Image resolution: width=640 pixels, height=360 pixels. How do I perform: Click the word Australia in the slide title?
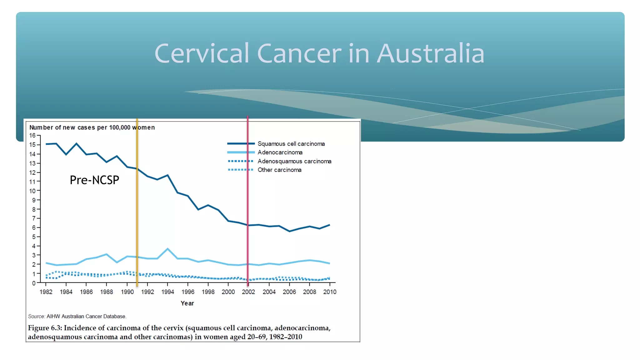(x=431, y=54)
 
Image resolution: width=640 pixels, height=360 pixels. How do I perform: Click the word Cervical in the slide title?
(x=202, y=54)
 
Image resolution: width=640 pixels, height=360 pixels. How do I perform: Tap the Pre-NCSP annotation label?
(x=94, y=180)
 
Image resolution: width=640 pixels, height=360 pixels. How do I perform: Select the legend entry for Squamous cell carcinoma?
(x=291, y=144)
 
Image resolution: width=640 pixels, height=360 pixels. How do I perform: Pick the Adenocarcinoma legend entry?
(x=280, y=152)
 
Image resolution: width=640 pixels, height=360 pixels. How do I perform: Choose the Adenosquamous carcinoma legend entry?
(x=294, y=161)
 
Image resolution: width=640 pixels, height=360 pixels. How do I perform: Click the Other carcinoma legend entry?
(x=279, y=170)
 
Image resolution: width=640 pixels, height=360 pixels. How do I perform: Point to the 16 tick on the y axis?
(x=32, y=136)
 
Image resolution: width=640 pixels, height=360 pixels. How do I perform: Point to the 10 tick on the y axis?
(x=32, y=191)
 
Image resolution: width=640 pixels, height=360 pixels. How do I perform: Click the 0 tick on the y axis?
(x=34, y=283)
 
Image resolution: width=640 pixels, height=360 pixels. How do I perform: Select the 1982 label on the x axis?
(x=46, y=292)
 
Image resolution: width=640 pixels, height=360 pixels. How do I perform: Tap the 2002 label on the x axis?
(x=248, y=292)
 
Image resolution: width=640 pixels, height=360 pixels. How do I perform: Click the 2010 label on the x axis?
(x=330, y=292)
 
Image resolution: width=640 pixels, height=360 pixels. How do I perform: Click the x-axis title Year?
(x=187, y=303)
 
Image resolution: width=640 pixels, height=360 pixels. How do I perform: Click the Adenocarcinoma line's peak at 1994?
(x=168, y=249)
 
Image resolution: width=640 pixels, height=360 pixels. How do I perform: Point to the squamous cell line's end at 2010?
(x=329, y=225)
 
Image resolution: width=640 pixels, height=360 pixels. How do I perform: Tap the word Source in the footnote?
(x=36, y=316)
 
